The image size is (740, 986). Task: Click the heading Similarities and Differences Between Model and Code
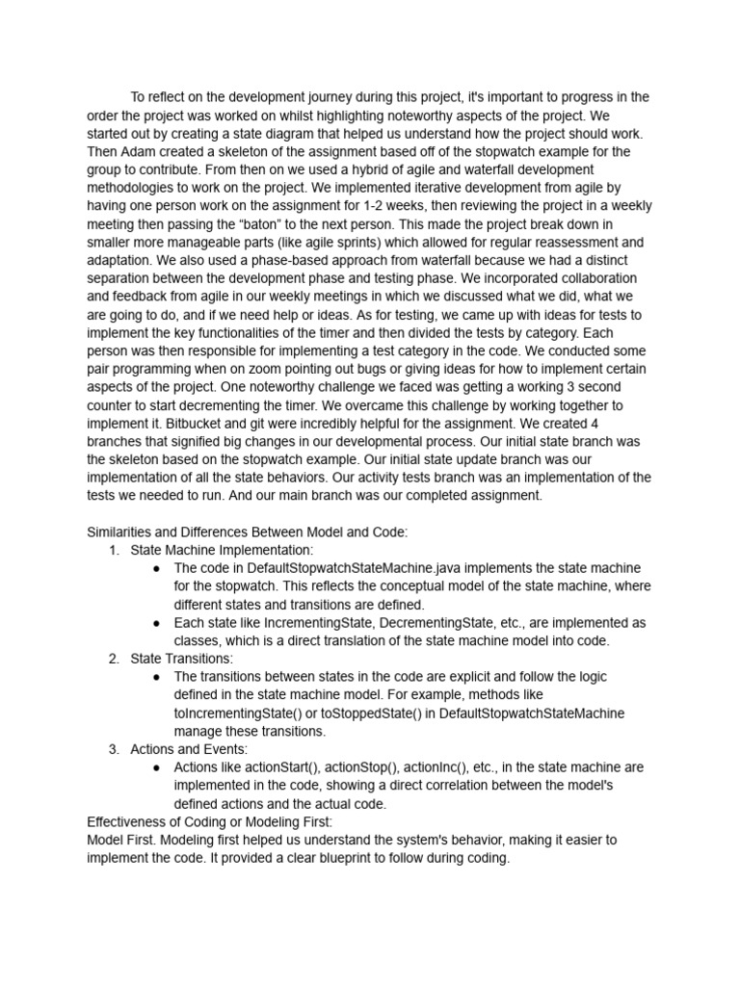pos(247,532)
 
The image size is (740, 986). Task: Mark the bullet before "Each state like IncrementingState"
pos(156,623)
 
